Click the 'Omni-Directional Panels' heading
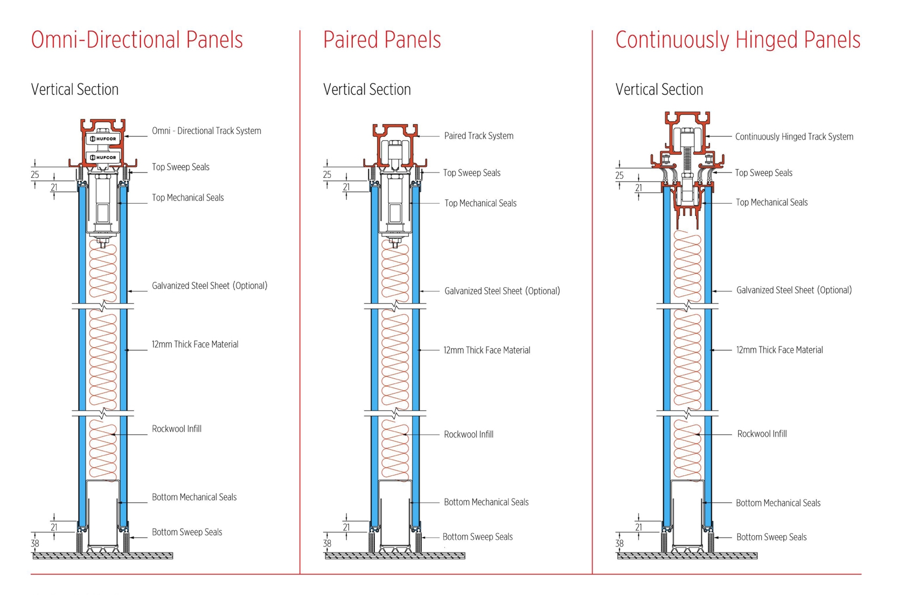click(x=137, y=40)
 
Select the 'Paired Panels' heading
click(x=382, y=40)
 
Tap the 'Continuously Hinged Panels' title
click(x=737, y=40)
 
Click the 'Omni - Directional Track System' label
click(x=206, y=131)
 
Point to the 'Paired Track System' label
click(x=478, y=136)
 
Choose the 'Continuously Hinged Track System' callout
click(x=794, y=137)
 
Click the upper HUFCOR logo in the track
click(x=103, y=139)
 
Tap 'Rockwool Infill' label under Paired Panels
click(x=468, y=434)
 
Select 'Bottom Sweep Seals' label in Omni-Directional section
click(x=187, y=532)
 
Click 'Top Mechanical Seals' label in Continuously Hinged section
click(x=771, y=203)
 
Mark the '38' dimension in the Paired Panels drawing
click(x=327, y=544)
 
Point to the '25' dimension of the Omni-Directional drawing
click(x=35, y=175)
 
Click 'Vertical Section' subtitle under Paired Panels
click(x=367, y=89)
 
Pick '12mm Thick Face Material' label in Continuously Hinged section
click(x=779, y=350)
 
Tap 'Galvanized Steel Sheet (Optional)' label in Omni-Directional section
click(x=210, y=286)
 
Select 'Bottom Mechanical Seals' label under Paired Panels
click(x=486, y=502)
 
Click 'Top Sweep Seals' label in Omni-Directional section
click(x=180, y=167)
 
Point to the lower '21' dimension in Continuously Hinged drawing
click(x=638, y=528)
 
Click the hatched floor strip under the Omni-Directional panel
click(x=102, y=556)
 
